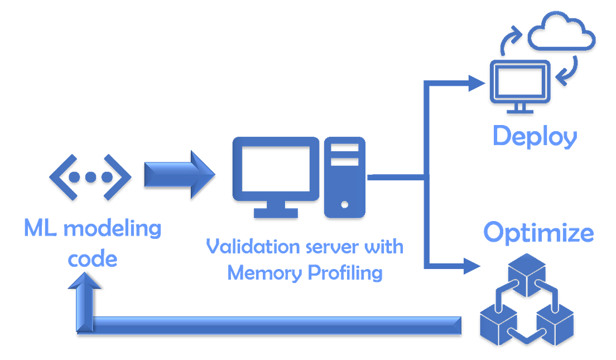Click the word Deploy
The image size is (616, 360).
coord(535,136)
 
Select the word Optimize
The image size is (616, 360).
coord(538,233)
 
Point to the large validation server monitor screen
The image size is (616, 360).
coord(275,168)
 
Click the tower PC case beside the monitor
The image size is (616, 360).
coord(344,176)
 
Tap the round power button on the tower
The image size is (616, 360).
coord(344,204)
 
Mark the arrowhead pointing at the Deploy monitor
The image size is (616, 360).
coord(477,84)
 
